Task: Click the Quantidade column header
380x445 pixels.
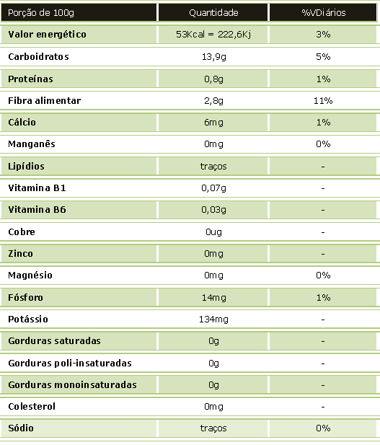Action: (213, 13)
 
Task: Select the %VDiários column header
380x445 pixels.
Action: (324, 13)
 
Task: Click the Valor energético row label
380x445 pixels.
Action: (47, 35)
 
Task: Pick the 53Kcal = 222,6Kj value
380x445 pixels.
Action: (213, 35)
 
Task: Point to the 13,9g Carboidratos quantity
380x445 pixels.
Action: (213, 57)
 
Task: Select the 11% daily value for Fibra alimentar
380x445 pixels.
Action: (323, 101)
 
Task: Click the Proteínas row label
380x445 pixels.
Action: (30, 79)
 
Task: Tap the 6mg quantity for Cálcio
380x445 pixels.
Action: (213, 123)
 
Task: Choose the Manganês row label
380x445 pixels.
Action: (32, 144)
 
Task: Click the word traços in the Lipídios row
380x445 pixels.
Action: (213, 167)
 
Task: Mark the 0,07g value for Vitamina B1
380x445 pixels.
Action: (213, 188)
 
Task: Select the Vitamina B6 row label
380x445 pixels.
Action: (37, 210)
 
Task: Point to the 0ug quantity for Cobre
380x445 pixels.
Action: (213, 232)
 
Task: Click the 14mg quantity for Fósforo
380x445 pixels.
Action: (213, 298)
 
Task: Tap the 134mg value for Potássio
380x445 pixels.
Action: (213, 320)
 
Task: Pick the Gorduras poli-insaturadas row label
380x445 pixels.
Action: (70, 364)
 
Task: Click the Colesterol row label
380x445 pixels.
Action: (32, 406)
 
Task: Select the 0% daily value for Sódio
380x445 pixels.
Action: (323, 428)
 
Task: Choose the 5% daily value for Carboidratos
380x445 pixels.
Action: (323, 57)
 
